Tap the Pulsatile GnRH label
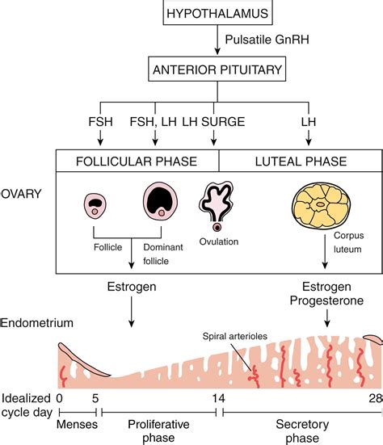pyautogui.click(x=267, y=40)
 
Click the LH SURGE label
pyautogui.click(x=213, y=122)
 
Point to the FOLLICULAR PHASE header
pyautogui.click(x=137, y=162)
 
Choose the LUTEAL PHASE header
pyautogui.click(x=301, y=162)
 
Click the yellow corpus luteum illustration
pyautogui.click(x=321, y=205)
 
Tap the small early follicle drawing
pyautogui.click(x=95, y=206)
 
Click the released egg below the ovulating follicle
pyautogui.click(x=217, y=227)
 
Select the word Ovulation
pyautogui.click(x=219, y=241)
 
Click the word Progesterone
pyautogui.click(x=326, y=300)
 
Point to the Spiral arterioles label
pyautogui.click(x=235, y=336)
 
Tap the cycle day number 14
pyautogui.click(x=219, y=398)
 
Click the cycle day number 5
pyautogui.click(x=95, y=398)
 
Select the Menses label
pyautogui.click(x=77, y=424)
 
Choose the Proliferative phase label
pyautogui.click(x=158, y=431)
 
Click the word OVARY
pyautogui.click(x=21, y=194)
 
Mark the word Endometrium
pyautogui.click(x=36, y=323)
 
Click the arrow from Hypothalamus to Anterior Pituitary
pyautogui.click(x=217, y=40)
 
